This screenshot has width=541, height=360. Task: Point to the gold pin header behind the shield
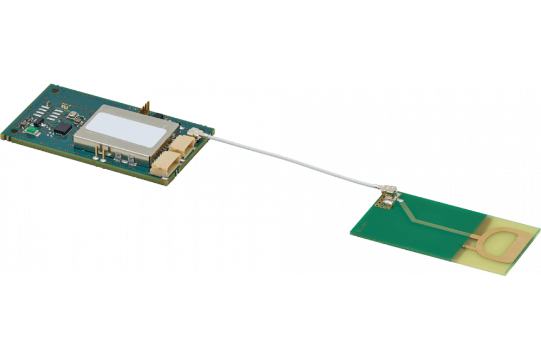point(146,107)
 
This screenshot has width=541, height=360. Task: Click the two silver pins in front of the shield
point(99,153)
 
